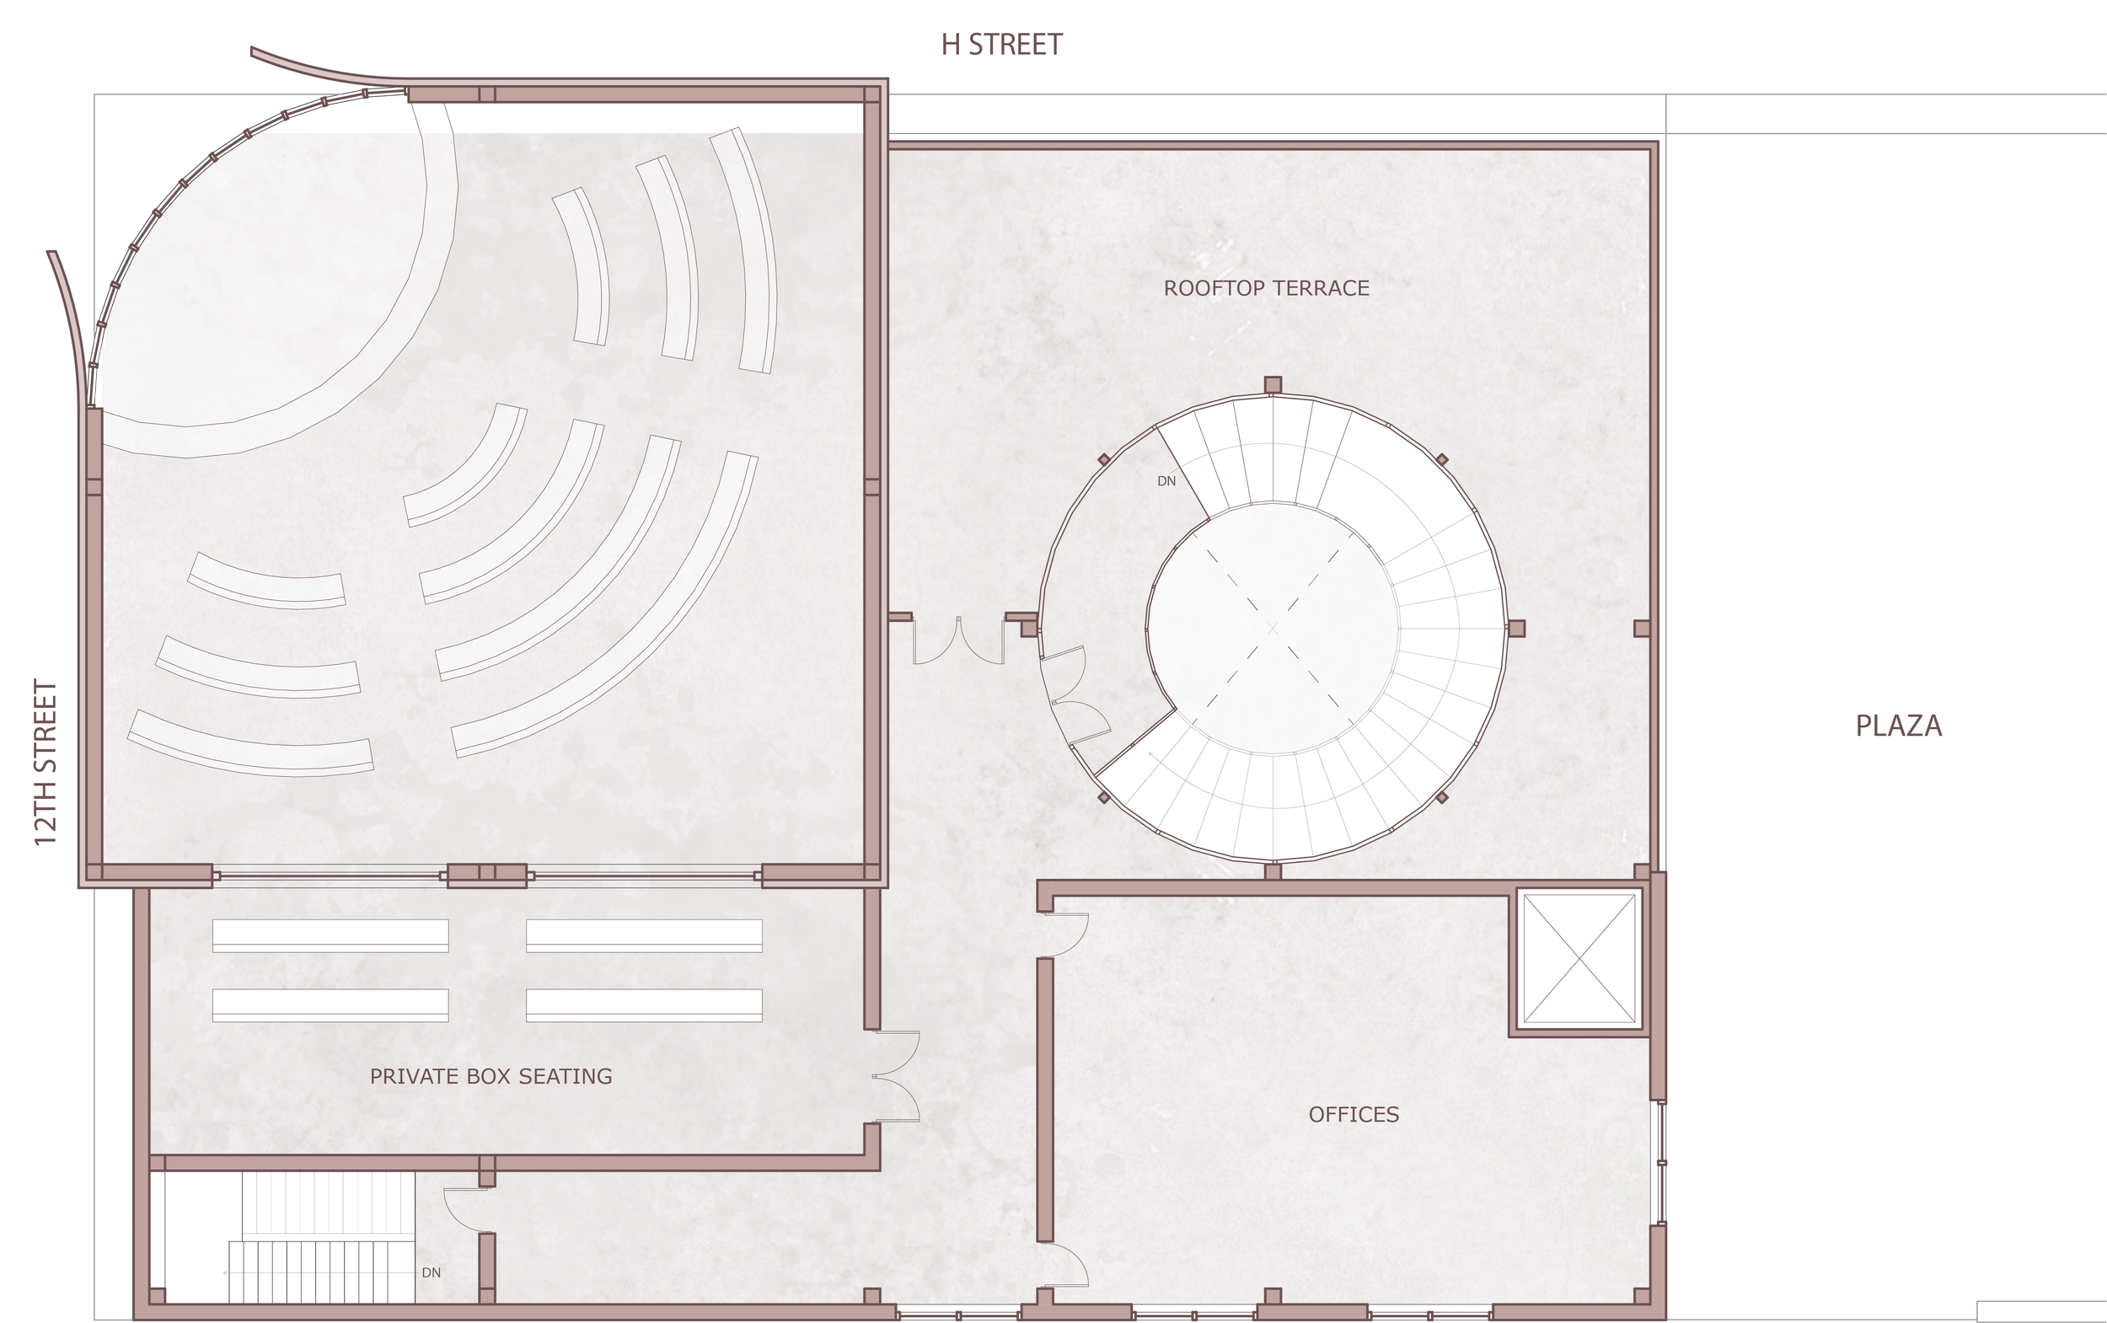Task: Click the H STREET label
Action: point(1001,45)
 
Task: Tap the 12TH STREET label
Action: point(46,763)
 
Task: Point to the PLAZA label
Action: point(1899,726)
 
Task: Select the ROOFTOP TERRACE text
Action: point(1266,288)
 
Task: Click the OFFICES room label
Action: point(1354,1114)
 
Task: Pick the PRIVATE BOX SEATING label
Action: point(491,1076)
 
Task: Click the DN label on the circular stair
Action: point(1166,481)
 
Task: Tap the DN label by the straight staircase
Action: point(432,1273)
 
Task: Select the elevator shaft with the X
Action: point(1579,958)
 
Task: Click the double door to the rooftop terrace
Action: point(958,640)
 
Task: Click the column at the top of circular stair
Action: point(1273,385)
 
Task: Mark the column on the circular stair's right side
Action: point(1516,629)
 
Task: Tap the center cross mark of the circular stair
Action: point(1273,629)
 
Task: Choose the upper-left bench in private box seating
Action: point(330,935)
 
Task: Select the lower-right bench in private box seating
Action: point(644,1005)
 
